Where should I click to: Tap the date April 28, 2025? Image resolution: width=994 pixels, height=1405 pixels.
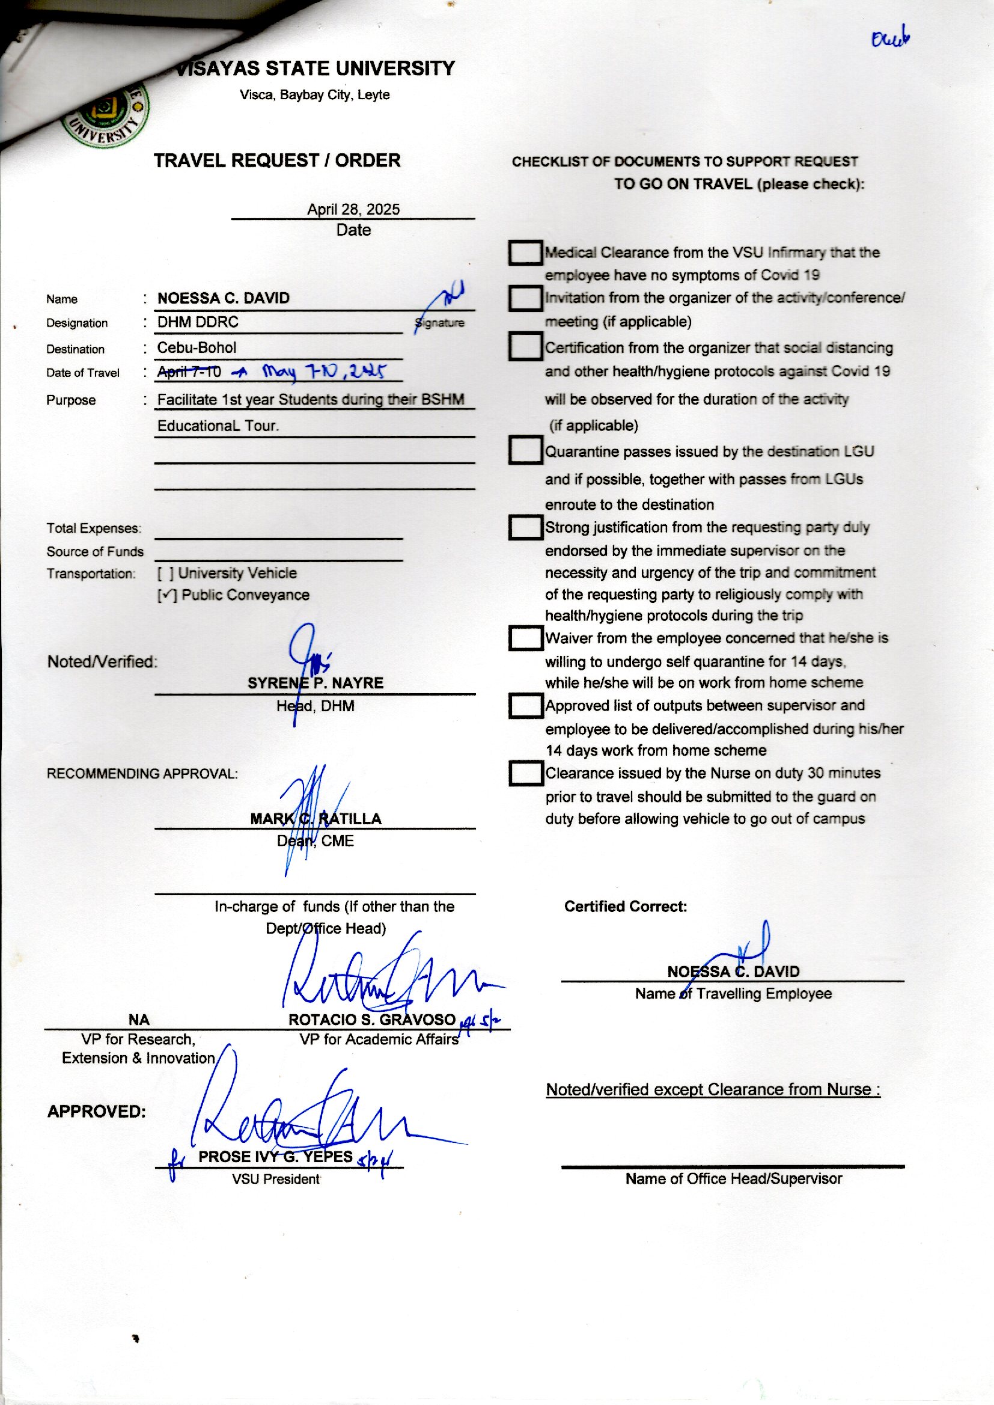(x=353, y=209)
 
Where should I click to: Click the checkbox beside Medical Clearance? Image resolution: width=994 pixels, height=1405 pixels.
(x=525, y=253)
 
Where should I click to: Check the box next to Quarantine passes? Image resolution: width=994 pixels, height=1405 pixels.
(x=525, y=450)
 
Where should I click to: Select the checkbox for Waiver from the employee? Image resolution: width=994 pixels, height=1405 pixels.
(x=525, y=638)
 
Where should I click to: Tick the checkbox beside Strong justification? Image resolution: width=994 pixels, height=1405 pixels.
(x=525, y=527)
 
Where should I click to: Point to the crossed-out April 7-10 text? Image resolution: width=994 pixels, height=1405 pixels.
(x=189, y=371)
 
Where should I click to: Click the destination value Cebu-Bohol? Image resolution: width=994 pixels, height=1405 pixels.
(x=197, y=347)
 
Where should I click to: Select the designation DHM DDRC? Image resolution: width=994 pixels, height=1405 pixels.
(x=198, y=322)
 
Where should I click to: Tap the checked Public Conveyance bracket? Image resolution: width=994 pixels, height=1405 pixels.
(x=167, y=595)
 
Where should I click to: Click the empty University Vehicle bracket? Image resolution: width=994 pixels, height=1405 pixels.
(x=166, y=574)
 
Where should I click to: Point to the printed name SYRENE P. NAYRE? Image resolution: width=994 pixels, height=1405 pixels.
(x=316, y=683)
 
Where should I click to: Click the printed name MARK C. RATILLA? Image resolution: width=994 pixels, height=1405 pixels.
(x=316, y=818)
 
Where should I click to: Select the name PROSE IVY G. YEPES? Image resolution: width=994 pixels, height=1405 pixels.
(x=275, y=1157)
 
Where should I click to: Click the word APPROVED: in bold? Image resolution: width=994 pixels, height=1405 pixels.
(x=97, y=1111)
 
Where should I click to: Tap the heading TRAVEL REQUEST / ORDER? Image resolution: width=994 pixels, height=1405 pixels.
(x=277, y=161)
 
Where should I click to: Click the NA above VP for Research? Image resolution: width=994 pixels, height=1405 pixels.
(x=139, y=1019)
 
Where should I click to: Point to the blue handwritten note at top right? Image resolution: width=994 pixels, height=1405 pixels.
(x=891, y=40)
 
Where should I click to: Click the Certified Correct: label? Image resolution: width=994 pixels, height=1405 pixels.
(x=626, y=906)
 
